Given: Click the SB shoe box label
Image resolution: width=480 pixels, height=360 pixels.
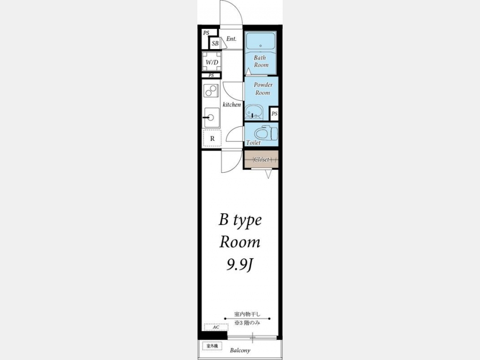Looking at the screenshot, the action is tap(215, 44).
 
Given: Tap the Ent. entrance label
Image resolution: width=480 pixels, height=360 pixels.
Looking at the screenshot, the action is tap(231, 39).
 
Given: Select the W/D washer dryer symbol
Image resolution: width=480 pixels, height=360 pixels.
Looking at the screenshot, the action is tap(212, 62).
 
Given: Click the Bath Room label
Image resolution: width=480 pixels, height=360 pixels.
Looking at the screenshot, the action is tap(261, 61).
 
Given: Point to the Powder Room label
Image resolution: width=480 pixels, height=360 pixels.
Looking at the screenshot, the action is tap(263, 89).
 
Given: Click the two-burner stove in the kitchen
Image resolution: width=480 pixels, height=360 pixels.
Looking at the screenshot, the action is tap(211, 91).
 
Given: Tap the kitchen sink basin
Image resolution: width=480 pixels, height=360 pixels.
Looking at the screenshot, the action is tap(212, 117).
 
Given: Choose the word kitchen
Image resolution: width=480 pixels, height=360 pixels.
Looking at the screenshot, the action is tap(232, 105).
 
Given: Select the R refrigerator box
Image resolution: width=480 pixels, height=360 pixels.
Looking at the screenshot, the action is tap(212, 138).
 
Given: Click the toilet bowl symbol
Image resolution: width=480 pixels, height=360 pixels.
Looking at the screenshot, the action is tap(266, 133).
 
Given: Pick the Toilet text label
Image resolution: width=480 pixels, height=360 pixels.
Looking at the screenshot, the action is tap(253, 142).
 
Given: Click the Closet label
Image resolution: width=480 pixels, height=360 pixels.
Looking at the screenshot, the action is tap(261, 159).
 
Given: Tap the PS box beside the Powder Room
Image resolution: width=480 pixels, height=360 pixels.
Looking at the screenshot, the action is tap(274, 114).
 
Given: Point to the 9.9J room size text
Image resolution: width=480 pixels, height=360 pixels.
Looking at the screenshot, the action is tap(239, 265).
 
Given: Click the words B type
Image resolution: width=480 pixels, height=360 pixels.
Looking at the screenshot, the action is tap(240, 220).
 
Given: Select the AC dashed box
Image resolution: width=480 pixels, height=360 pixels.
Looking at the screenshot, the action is tap(216, 327).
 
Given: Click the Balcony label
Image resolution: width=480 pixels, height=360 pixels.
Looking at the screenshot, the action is tap(240, 350).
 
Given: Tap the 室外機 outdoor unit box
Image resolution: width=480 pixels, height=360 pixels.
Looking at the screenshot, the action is tap(212, 346).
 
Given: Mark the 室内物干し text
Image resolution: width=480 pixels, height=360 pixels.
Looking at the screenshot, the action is tap(247, 314).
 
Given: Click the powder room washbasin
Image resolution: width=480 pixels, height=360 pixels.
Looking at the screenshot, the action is tap(254, 112).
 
